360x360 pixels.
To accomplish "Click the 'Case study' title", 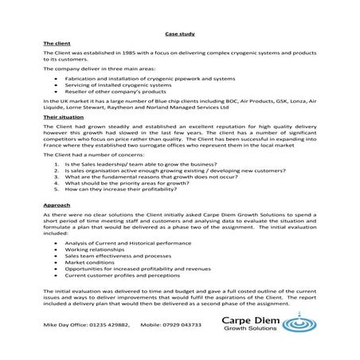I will pos(179,33).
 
